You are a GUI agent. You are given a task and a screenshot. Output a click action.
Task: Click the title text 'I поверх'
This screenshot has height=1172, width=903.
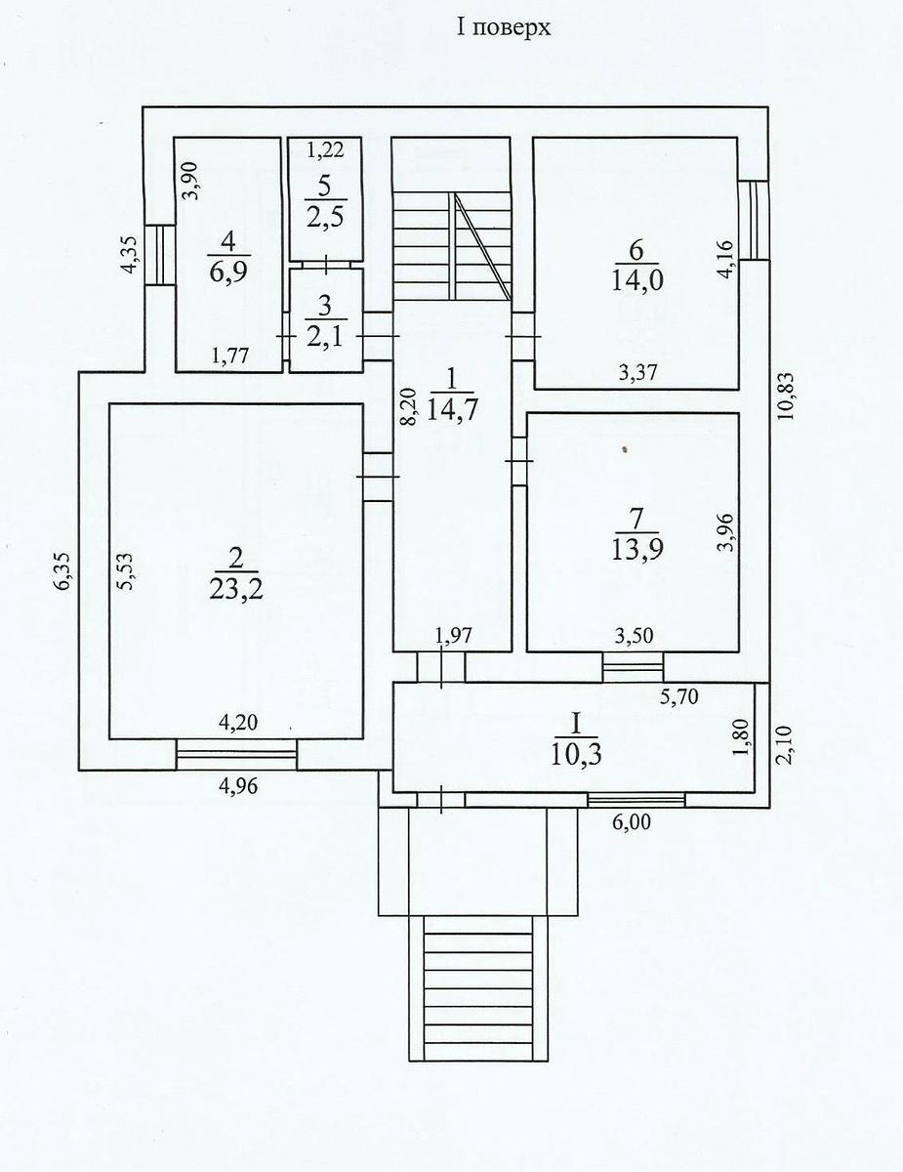(x=504, y=27)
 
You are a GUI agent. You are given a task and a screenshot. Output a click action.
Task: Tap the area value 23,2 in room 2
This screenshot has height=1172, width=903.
(x=236, y=590)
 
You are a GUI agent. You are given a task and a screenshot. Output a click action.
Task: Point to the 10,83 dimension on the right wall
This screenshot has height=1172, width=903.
(x=785, y=397)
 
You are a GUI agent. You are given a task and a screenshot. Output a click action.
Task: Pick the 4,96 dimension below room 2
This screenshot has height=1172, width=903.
(x=238, y=786)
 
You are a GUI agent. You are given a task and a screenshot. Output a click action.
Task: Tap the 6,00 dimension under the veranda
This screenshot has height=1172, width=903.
(x=631, y=821)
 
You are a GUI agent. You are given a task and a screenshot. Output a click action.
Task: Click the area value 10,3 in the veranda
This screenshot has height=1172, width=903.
(x=576, y=755)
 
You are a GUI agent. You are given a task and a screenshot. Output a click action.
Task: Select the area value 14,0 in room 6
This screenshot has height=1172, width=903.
(x=637, y=280)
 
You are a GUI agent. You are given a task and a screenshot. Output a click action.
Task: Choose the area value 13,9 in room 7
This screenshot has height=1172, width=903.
(x=637, y=550)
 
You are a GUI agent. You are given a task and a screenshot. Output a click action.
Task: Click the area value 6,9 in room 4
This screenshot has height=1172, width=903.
(x=228, y=272)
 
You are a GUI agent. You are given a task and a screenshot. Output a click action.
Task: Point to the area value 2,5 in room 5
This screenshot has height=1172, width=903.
(x=324, y=219)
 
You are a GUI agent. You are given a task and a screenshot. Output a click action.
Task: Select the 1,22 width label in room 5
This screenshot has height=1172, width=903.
(x=326, y=149)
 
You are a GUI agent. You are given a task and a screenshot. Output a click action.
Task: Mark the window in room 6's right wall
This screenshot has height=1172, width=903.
(x=753, y=220)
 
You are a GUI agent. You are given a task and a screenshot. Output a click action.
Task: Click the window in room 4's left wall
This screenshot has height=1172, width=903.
(x=159, y=255)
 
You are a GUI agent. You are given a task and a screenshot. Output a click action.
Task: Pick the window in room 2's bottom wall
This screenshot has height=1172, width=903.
(x=236, y=754)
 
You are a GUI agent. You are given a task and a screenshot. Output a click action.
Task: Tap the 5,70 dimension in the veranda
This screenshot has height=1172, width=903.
(x=678, y=696)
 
